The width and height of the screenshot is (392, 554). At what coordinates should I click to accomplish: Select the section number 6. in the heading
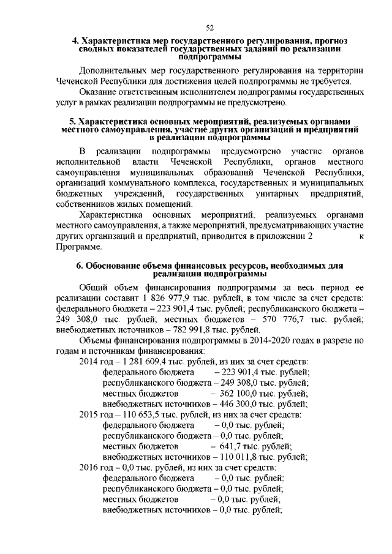[x=80, y=266]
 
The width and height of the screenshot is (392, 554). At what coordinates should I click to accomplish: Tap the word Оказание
[x=99, y=92]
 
